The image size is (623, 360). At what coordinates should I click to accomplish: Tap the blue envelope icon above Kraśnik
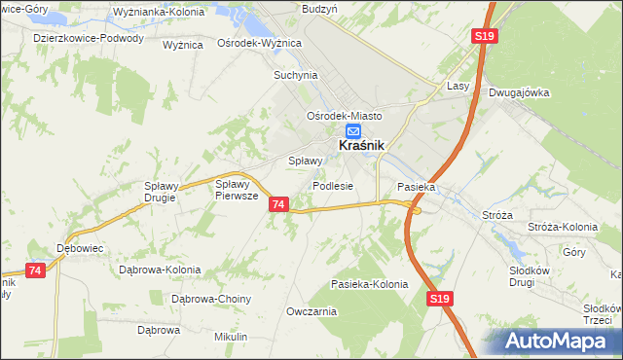pos(353,130)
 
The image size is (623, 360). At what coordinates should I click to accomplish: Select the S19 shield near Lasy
pos(486,36)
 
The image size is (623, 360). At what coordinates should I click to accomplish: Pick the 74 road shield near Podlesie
pos(279,204)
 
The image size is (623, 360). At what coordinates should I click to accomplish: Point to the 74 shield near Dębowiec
pos(36,270)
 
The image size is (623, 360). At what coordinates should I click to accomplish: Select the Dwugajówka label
pos(521,93)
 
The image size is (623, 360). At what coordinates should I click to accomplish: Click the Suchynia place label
pos(296,74)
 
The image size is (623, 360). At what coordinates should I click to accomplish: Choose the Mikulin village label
pos(231,337)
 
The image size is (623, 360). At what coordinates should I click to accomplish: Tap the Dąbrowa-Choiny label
pos(212,299)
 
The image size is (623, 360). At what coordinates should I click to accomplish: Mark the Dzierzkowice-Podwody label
pos(89,39)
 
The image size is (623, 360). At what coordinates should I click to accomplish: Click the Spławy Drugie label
pos(159,192)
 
